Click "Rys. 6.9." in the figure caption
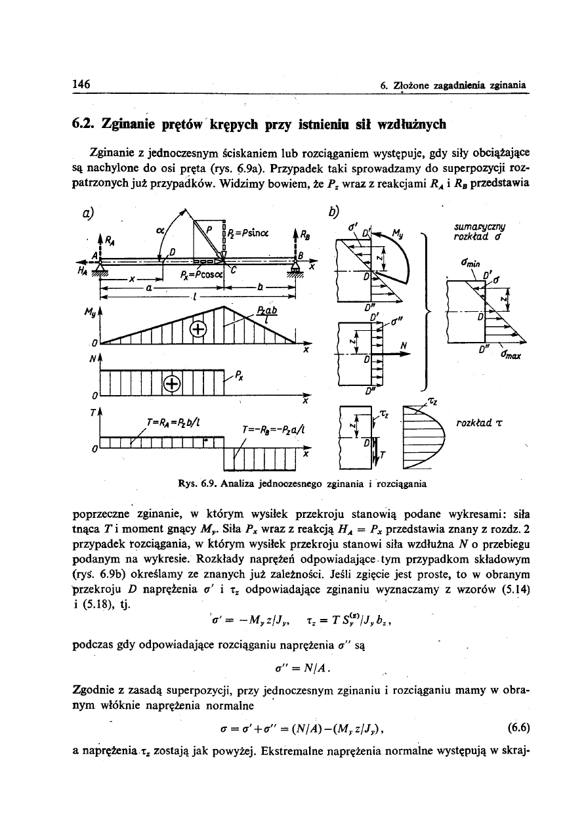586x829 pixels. click(196, 484)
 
